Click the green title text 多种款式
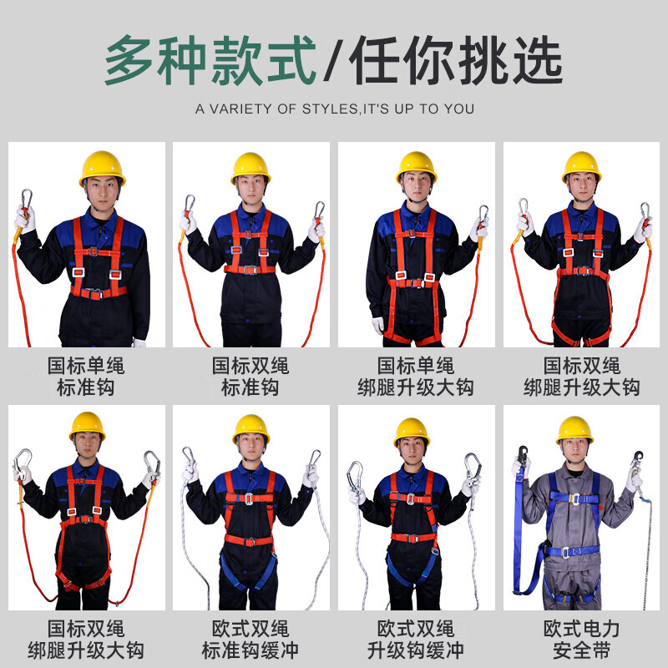[x=210, y=60]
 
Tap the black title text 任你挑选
[x=456, y=60]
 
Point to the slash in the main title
[x=333, y=61]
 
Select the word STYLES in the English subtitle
[x=330, y=109]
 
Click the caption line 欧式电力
[x=581, y=629]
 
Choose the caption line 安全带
[x=581, y=650]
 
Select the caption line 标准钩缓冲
[x=250, y=650]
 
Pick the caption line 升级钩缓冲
[x=415, y=650]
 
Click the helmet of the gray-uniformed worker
[x=574, y=429]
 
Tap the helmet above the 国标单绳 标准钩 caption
[x=102, y=168]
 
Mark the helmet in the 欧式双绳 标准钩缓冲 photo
[x=251, y=428]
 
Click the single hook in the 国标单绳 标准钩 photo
[x=27, y=200]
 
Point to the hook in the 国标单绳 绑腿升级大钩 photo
[x=483, y=215]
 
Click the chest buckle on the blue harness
[x=575, y=499]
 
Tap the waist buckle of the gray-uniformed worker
[x=566, y=553]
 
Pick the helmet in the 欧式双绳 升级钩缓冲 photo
[x=412, y=432]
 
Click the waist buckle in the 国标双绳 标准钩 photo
[x=250, y=270]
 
